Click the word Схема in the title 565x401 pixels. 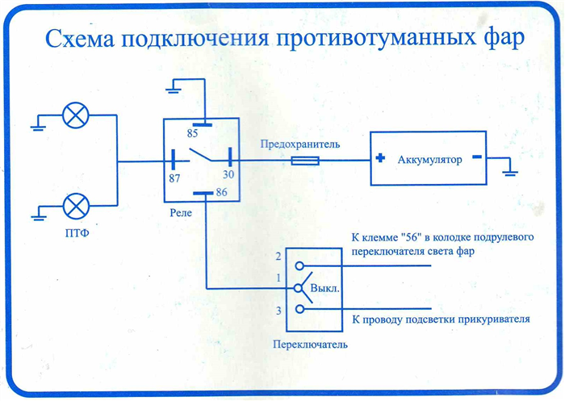[80, 39]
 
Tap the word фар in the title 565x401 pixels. [504, 39]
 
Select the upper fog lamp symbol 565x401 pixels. [76, 115]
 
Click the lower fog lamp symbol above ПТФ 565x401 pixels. [76, 206]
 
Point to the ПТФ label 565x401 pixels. [77, 233]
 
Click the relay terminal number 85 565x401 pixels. [192, 134]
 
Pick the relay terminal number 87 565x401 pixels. [174, 178]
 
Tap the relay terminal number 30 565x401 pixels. [228, 175]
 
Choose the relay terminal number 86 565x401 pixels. [222, 192]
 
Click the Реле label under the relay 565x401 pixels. [181, 213]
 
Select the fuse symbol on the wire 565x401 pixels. [305, 161]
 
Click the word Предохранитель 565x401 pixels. [300, 145]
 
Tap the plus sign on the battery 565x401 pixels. [380, 158]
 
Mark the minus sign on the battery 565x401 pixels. [477, 157]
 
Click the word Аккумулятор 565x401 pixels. [430, 160]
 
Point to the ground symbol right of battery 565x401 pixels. [510, 172]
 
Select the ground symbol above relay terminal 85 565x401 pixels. [174, 89]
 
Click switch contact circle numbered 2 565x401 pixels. [299, 266]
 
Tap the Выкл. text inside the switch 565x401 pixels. [325, 289]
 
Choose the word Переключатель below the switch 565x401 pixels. [310, 345]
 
